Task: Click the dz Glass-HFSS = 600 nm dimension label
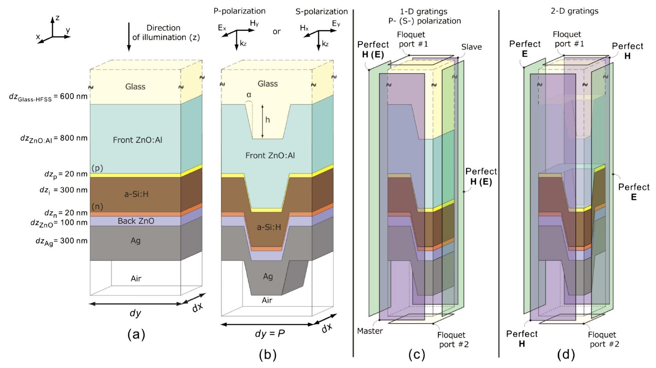click(48, 97)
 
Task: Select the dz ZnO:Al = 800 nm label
click(54, 138)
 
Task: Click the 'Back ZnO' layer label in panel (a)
click(136, 221)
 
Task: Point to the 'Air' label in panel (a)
click(136, 278)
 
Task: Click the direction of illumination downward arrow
click(129, 37)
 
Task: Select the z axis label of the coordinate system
click(58, 18)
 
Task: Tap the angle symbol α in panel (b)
click(249, 95)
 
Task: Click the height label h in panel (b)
click(267, 120)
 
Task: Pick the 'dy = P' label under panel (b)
click(270, 333)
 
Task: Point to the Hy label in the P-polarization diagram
click(254, 24)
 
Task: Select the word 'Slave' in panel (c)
click(471, 47)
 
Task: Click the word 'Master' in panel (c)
click(370, 331)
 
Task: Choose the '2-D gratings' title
click(575, 11)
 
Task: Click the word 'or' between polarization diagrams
click(277, 31)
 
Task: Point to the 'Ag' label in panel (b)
click(268, 277)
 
